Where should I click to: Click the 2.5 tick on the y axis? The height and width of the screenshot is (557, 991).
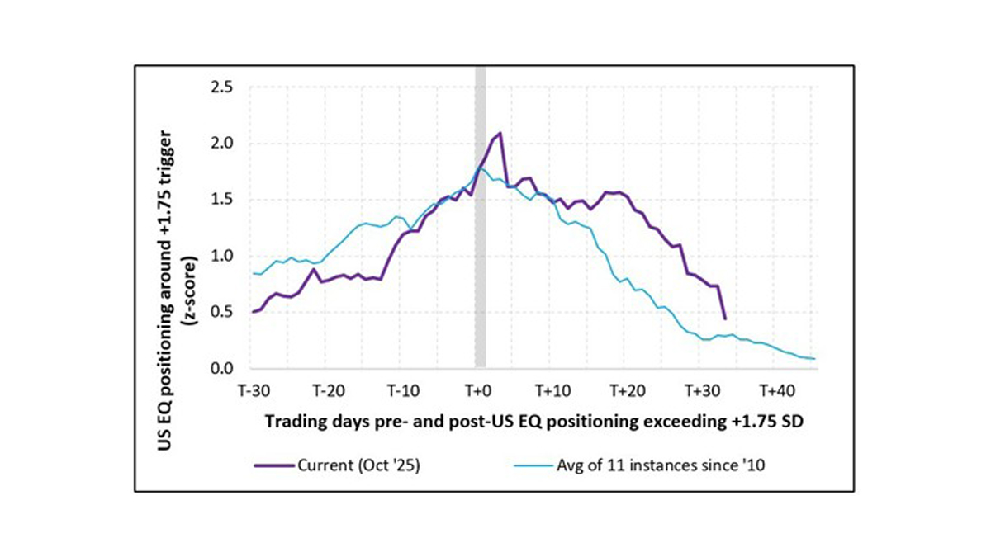point(223,87)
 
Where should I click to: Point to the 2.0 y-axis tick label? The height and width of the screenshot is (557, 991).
point(223,143)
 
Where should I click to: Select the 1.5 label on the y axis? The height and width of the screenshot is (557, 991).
point(223,199)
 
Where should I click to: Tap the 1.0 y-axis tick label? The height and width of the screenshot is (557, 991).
point(223,256)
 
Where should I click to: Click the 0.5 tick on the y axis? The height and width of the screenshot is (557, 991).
point(223,312)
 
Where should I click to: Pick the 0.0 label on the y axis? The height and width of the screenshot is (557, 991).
point(223,368)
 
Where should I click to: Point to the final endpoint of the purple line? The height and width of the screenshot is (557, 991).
point(724,319)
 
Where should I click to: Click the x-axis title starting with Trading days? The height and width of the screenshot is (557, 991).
point(534,421)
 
